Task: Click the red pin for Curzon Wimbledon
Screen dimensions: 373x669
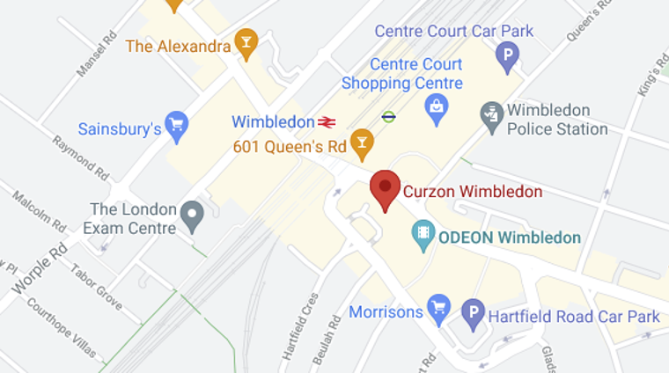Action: coord(385,187)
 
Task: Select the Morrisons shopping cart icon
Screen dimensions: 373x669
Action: coord(438,309)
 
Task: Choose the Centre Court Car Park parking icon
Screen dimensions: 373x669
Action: coord(507,56)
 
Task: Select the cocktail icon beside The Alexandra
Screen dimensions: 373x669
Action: coord(246,44)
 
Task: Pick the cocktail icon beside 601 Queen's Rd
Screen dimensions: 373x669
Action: coord(361,143)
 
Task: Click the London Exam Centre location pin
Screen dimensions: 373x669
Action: coord(192,214)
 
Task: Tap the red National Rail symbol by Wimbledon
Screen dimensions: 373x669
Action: coord(328,121)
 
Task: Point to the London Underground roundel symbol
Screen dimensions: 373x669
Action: coord(388,115)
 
